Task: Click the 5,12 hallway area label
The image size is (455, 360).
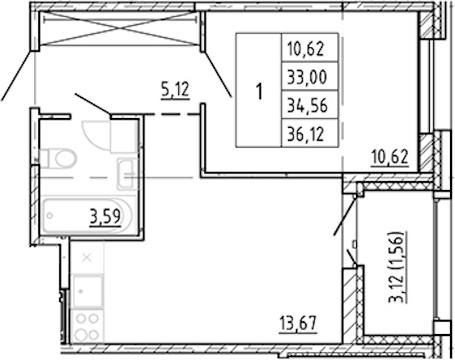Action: coord(175,90)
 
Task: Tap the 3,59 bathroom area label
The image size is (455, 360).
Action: coord(105,217)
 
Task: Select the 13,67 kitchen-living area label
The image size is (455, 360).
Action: coord(298,323)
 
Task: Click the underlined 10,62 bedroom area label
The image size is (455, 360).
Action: coord(390,157)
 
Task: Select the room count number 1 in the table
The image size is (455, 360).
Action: coord(259,91)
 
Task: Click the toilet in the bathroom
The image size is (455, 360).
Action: coord(58,158)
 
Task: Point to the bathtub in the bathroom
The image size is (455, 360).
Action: coord(86,216)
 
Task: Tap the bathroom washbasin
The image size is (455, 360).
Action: coord(126,174)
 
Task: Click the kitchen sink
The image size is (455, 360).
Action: coord(88,291)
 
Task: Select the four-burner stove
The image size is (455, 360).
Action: coord(88,326)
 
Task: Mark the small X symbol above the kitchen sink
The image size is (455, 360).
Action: coord(87,257)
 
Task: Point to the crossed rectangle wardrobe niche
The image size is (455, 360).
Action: coord(119,28)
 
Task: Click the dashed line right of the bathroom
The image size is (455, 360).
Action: coord(172,115)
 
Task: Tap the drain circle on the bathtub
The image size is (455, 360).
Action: coord(50,216)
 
